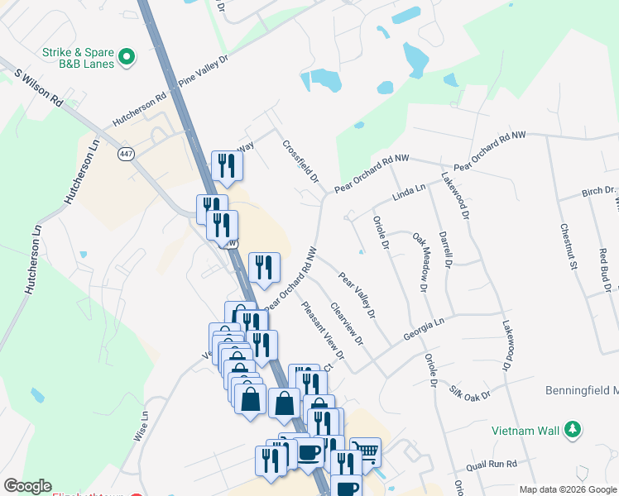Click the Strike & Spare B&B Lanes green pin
point(127,57)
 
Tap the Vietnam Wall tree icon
point(571,430)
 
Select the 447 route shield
point(126,154)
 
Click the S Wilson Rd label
point(39,86)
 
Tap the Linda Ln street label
point(408,193)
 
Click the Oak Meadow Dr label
point(420,262)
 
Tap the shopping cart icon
point(365,451)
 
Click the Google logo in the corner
point(27,486)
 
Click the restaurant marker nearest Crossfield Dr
point(225,165)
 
